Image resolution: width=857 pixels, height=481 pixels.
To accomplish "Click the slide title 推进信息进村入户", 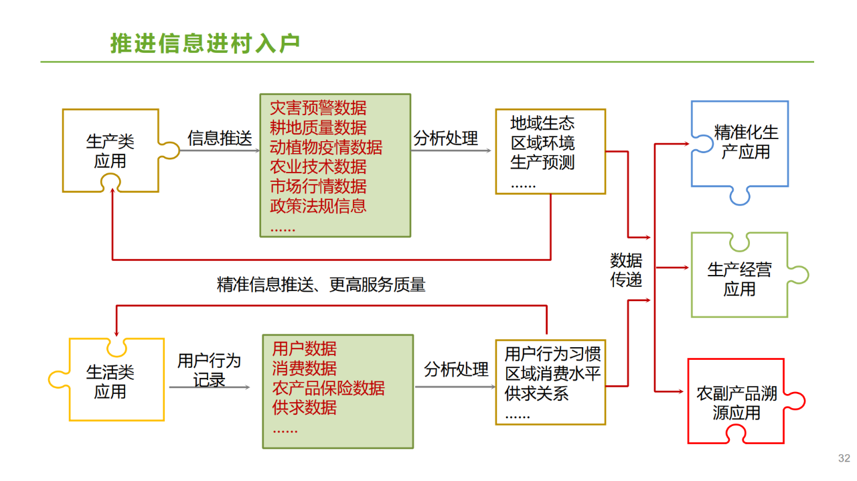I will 205,43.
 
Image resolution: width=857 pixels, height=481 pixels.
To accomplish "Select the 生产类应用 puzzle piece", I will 110,151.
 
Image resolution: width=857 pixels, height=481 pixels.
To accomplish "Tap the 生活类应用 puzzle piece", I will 110,381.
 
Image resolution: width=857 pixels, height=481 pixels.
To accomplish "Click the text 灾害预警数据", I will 318,108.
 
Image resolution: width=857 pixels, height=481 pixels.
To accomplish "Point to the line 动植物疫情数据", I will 326,147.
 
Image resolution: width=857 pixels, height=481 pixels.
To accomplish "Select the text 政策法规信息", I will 318,206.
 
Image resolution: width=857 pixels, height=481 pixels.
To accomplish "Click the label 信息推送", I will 220,138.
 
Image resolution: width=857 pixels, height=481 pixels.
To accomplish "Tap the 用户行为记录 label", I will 209,370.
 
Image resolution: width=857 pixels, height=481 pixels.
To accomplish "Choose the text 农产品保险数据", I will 329,388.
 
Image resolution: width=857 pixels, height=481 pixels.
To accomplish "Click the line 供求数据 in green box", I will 305,407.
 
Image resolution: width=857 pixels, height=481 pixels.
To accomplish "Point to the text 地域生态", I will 542,124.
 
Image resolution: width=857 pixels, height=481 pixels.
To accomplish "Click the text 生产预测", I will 542,163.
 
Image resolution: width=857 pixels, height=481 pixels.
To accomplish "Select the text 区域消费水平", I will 553,373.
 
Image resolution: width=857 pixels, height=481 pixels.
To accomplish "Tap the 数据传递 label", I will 626,270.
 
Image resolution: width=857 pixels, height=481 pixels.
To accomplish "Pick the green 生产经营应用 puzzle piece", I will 739,279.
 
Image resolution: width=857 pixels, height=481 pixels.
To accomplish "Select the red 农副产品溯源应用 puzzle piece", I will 736,403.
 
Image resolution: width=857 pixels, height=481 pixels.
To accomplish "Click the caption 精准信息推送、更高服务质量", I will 321,285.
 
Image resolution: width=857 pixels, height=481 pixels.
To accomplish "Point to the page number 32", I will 844,458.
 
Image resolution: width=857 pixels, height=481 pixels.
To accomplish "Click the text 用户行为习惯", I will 553,354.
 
